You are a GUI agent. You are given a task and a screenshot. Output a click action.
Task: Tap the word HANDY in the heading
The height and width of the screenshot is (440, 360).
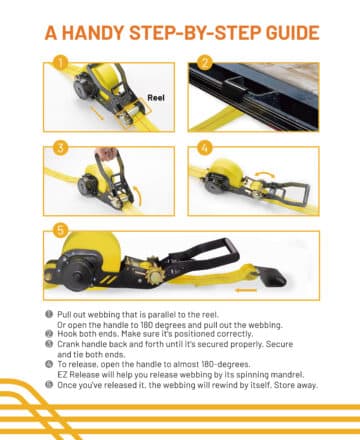coord(93,33)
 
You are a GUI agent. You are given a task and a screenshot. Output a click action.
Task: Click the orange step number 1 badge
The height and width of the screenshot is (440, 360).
coord(61,62)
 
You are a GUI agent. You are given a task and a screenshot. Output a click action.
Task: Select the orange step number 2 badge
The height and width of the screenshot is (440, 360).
coord(205,62)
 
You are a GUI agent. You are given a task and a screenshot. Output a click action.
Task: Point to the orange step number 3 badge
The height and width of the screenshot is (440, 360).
coord(61,148)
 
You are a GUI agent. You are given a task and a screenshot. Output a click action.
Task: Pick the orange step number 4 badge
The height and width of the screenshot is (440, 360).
coord(205,148)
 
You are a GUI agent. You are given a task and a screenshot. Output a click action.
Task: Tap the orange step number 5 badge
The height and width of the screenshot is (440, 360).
coord(61,230)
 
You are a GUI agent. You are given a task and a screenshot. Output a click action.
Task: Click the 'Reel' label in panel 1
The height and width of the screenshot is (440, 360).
coord(156,98)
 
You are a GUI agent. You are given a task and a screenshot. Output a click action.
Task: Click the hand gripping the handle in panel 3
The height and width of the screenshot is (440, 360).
coord(106,153)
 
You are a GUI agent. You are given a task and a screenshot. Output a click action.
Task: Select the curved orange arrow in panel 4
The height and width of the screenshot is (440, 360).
coord(265,174)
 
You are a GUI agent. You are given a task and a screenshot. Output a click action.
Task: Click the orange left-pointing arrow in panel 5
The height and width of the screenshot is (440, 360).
coord(246,290)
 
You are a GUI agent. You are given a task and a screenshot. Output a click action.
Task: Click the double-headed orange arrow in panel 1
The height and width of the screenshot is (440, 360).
coord(98,113)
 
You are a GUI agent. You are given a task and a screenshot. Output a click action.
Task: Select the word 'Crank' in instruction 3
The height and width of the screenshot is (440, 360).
coord(68,344)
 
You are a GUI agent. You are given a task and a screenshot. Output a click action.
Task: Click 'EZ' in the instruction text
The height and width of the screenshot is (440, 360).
coord(62,375)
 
